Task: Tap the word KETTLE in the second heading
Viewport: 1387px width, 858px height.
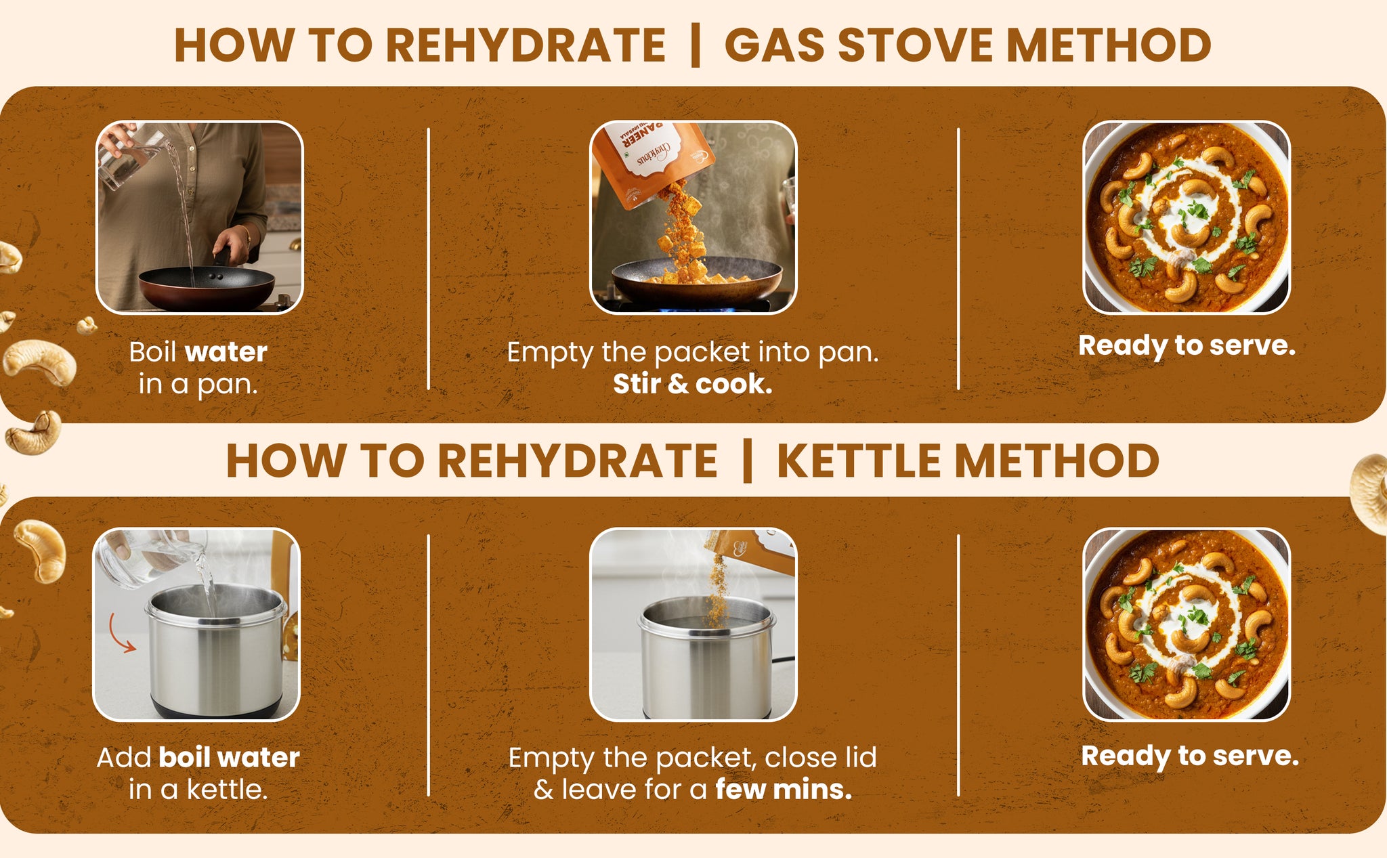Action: tap(859, 461)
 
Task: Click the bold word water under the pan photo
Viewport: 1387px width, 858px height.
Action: tap(226, 352)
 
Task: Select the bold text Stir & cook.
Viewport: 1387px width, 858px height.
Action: tap(693, 384)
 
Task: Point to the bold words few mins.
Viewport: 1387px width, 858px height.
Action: tap(784, 789)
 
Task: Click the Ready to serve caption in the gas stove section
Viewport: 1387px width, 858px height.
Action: tap(1187, 346)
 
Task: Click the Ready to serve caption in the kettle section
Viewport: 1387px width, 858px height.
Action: tap(1190, 756)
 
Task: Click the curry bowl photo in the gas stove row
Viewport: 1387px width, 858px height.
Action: tap(1187, 217)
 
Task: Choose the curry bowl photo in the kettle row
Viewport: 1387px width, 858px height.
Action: tap(1187, 624)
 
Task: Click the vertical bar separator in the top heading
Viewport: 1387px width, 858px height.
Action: tap(695, 45)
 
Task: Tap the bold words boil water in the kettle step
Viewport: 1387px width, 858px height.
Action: tap(229, 757)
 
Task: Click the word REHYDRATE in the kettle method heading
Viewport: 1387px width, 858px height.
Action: tap(578, 461)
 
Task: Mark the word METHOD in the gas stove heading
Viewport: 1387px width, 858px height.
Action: tap(1109, 45)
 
